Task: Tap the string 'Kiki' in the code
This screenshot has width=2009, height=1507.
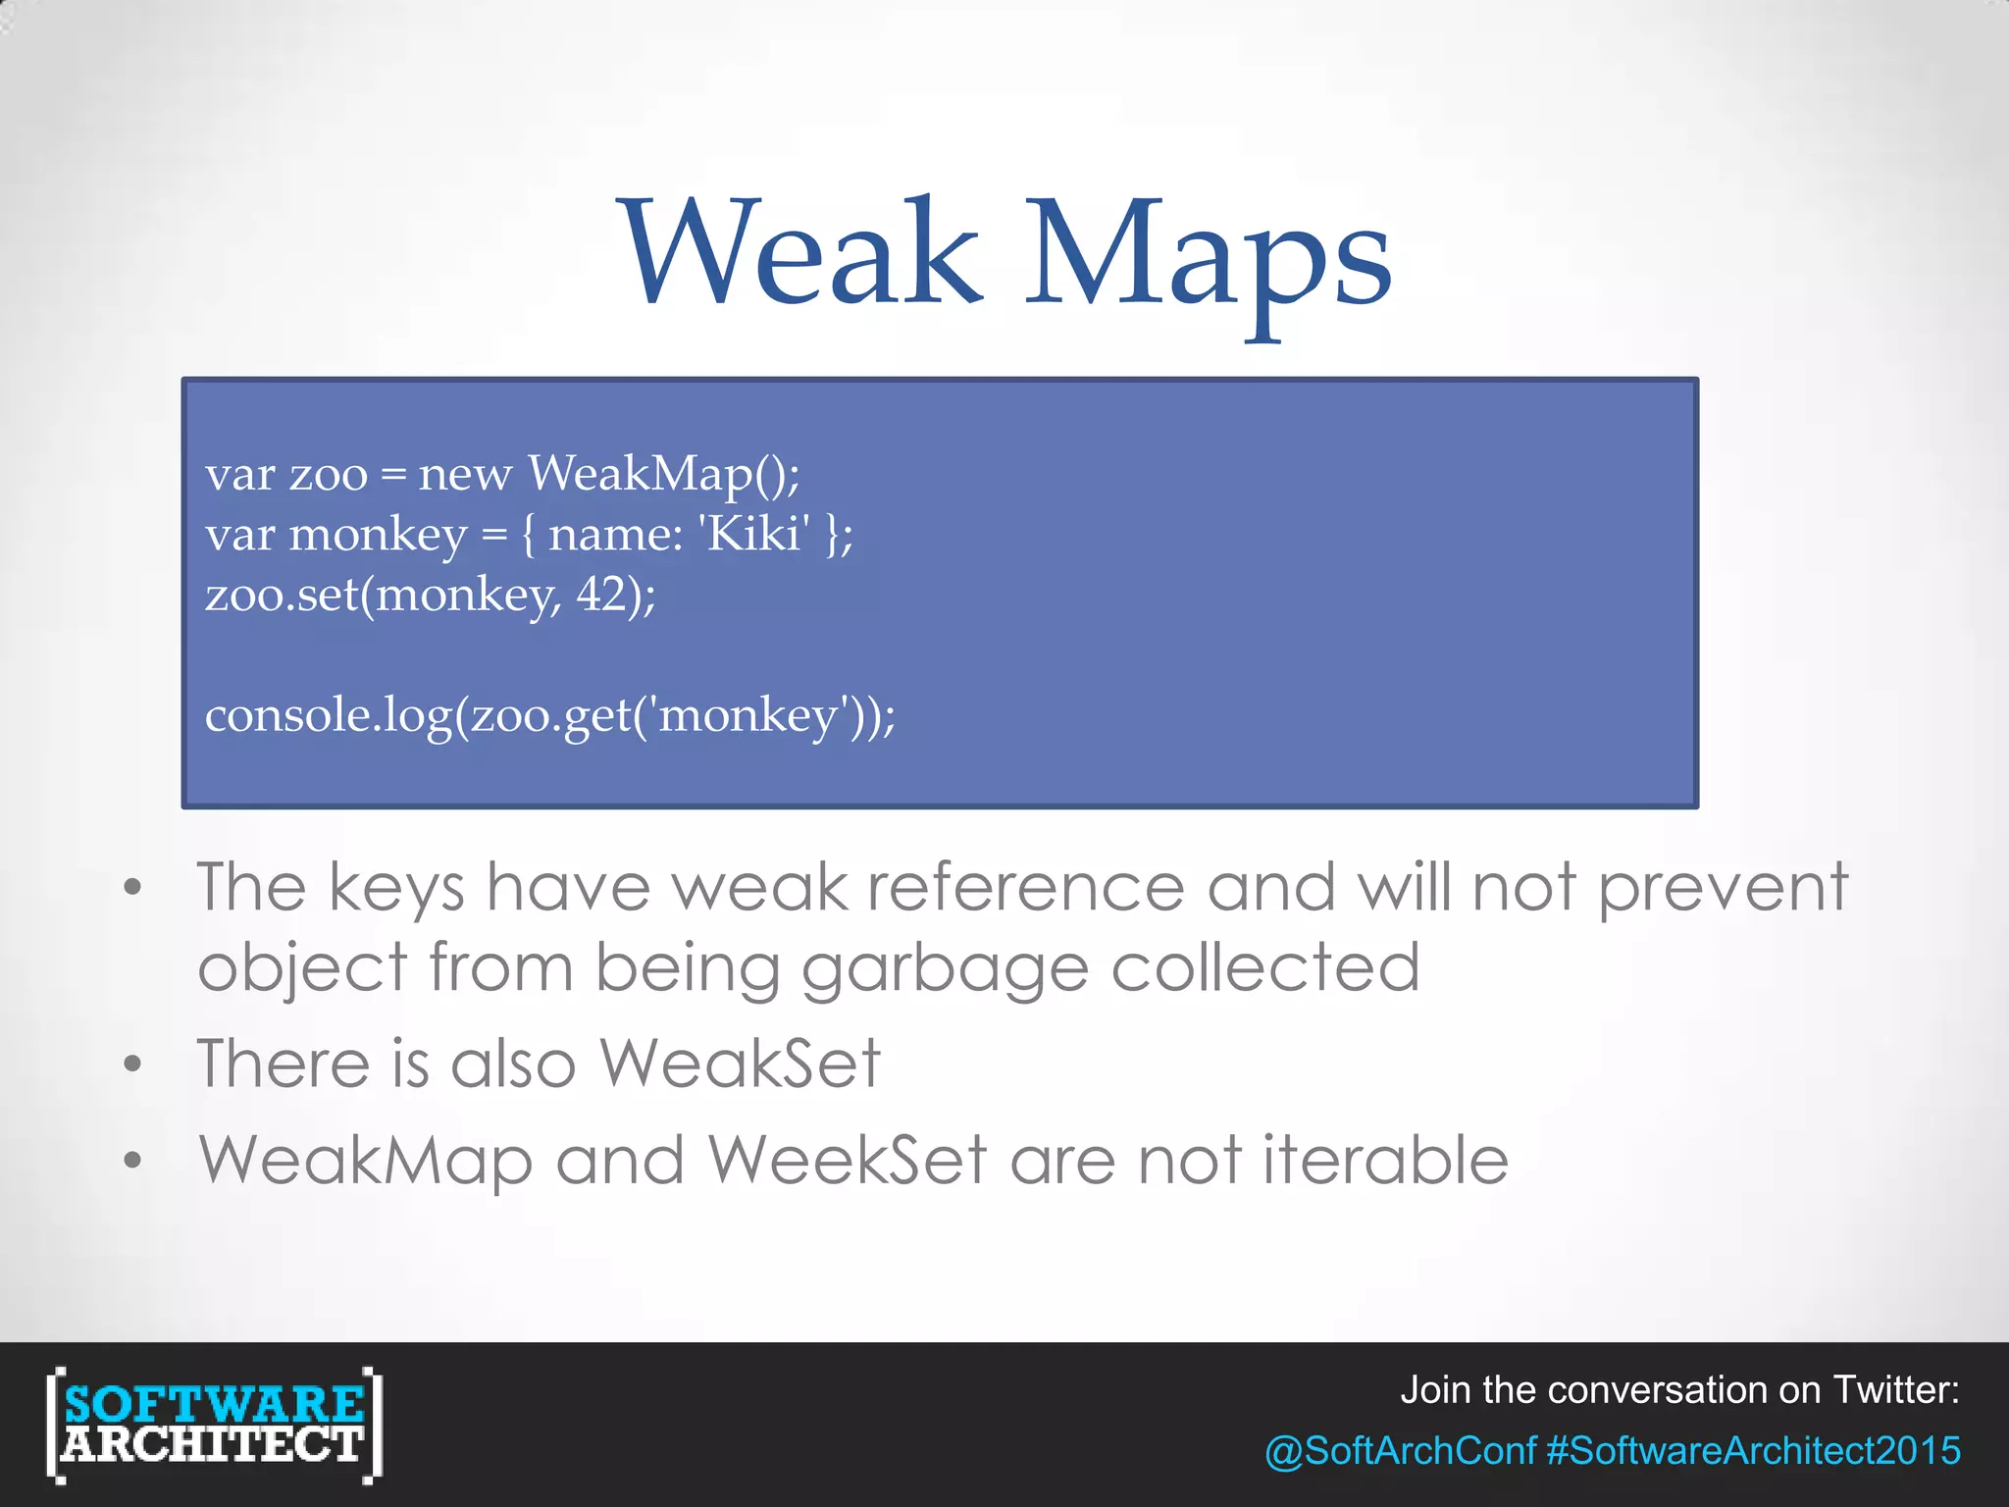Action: point(754,535)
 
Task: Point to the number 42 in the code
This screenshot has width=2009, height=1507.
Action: point(601,594)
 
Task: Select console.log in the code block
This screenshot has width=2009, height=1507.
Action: point(329,715)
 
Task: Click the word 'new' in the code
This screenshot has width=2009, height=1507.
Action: point(464,475)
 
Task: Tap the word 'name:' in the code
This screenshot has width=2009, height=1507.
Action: point(615,536)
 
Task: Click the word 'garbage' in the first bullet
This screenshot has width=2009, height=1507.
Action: point(945,969)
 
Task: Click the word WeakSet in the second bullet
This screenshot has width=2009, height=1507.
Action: point(740,1064)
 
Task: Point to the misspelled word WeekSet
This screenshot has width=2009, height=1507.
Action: point(847,1160)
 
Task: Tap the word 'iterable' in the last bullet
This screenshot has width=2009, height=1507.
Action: point(1385,1160)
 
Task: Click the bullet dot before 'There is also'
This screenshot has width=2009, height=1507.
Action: point(133,1064)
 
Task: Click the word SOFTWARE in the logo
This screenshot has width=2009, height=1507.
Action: point(214,1404)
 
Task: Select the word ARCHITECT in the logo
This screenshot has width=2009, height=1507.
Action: point(214,1444)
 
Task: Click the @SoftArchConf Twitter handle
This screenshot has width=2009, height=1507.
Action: point(1400,1450)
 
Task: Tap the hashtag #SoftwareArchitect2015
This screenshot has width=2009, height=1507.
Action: point(1753,1450)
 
